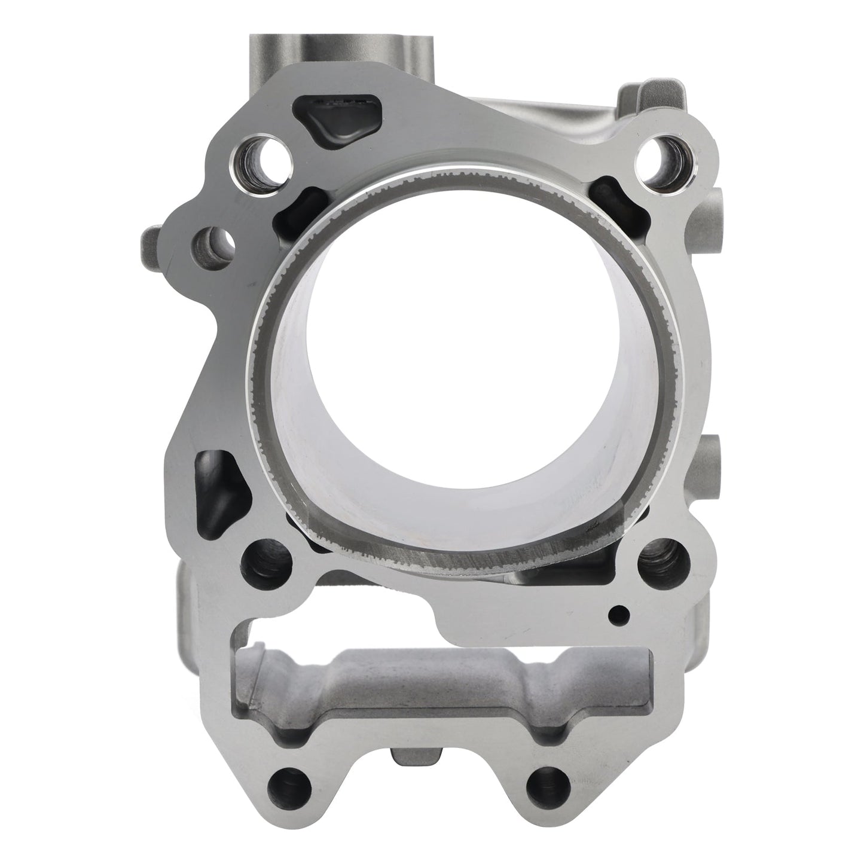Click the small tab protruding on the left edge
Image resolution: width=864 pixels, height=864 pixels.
[x=151, y=242]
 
